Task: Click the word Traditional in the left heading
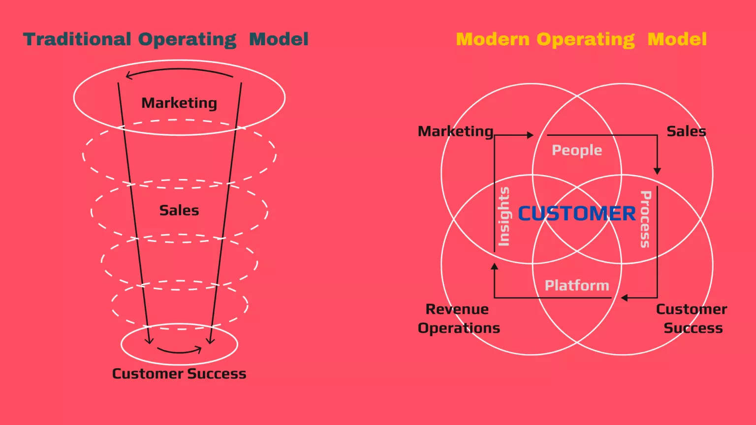pos(77,39)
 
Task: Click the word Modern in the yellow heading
pos(493,39)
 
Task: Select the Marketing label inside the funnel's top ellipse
pos(179,103)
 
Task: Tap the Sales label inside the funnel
pos(179,210)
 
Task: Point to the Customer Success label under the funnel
pos(179,373)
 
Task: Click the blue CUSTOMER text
pos(577,213)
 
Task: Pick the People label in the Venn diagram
pos(577,150)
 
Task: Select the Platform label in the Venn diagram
pos(577,285)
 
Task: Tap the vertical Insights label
pos(504,216)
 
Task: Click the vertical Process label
pos(645,219)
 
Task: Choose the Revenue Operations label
pos(459,318)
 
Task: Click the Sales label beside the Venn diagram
pos(686,131)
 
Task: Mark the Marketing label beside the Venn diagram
pos(456,131)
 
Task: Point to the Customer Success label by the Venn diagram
pos(692,318)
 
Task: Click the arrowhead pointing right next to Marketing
pos(530,135)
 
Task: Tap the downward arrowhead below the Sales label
pos(657,171)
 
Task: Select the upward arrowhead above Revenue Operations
pos(495,267)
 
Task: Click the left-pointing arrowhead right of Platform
pos(624,298)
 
